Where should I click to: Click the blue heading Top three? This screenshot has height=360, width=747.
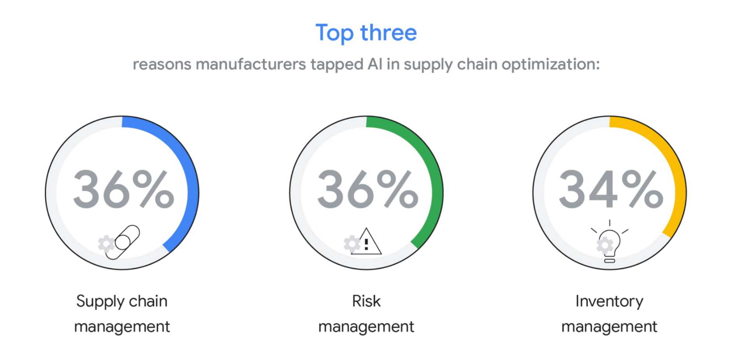coord(366,33)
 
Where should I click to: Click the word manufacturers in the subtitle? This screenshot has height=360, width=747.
coord(250,64)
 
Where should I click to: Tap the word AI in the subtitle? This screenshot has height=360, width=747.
coord(375,64)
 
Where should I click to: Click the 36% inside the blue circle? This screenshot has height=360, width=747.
coord(123,190)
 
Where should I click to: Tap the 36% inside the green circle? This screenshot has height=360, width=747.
coord(367,190)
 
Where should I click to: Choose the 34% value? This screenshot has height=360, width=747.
coord(611,190)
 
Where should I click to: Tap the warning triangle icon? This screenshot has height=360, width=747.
coord(367,241)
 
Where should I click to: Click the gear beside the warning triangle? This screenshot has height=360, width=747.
coord(352,244)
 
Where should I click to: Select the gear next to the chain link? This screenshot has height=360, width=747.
coord(106,244)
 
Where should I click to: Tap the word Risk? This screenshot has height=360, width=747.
coord(366,301)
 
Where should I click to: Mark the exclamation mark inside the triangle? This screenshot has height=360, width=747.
coord(366,244)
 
